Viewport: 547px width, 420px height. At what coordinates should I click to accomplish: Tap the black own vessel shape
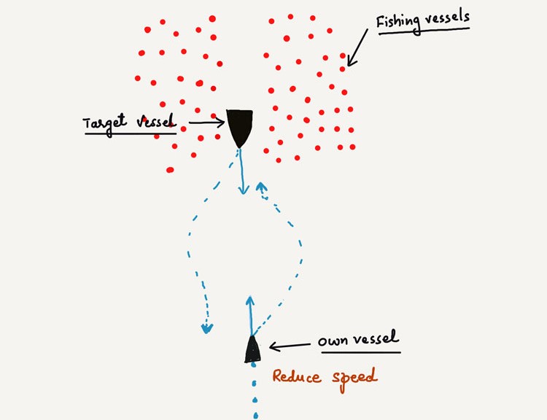click(252, 350)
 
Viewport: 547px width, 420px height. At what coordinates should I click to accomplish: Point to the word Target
click(104, 122)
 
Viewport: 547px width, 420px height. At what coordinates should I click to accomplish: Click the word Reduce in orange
click(297, 377)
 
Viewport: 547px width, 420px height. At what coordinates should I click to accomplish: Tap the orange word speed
click(354, 379)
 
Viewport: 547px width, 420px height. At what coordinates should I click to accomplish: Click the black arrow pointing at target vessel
click(206, 122)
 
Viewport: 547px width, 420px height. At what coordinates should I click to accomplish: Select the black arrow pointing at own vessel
click(290, 346)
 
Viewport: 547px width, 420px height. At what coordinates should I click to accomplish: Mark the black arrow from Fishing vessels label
click(357, 47)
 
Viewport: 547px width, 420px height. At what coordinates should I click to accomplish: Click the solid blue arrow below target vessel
click(241, 171)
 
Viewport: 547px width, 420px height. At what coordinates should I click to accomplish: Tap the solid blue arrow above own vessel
click(250, 316)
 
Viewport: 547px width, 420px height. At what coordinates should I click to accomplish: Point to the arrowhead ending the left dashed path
click(207, 328)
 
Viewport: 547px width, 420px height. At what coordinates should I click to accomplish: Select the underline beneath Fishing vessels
click(424, 31)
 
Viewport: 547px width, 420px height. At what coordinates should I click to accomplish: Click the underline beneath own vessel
click(361, 352)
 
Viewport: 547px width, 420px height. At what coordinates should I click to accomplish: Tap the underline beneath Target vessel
click(131, 133)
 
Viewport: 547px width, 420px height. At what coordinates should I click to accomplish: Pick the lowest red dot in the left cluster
click(170, 170)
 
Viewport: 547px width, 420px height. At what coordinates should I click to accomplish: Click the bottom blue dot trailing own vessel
click(256, 415)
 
